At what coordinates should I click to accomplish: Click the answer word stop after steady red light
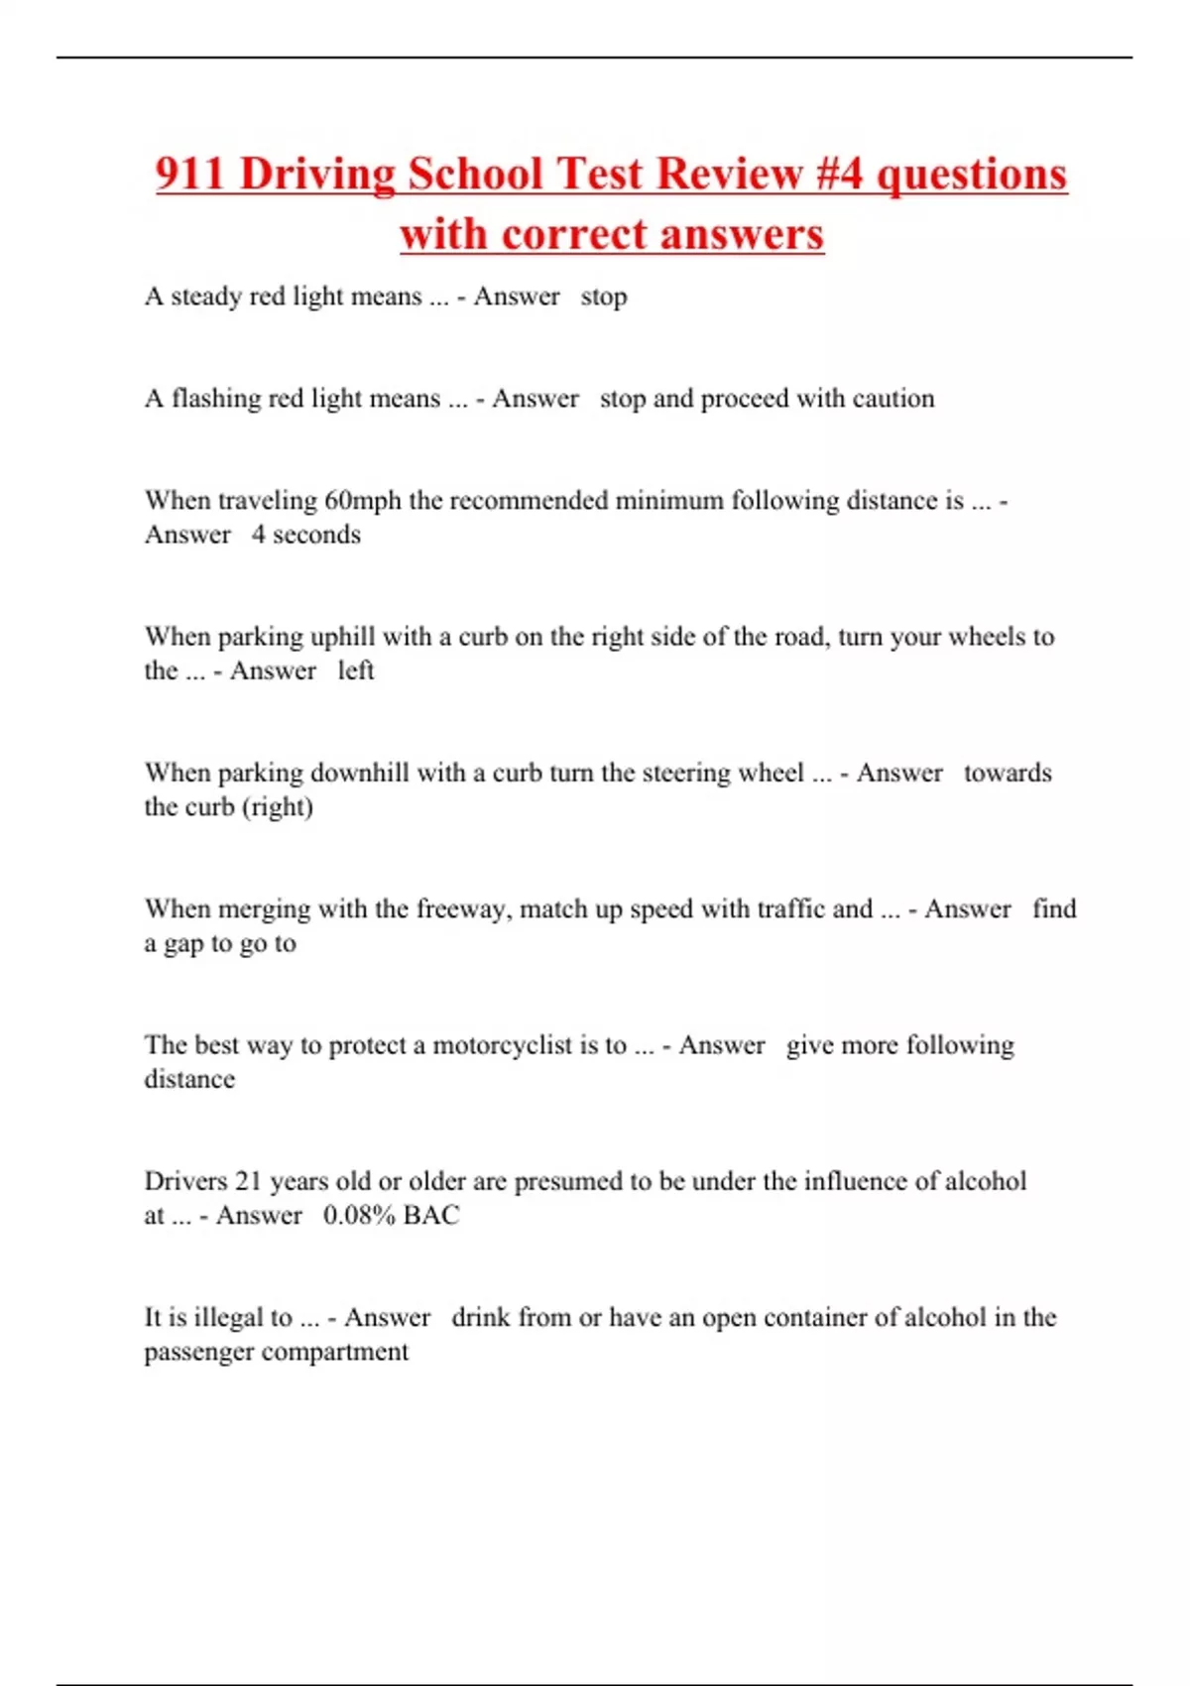coord(604,297)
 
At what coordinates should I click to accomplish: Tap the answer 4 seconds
coord(305,535)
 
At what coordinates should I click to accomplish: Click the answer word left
coord(355,670)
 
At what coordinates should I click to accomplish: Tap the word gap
coord(183,944)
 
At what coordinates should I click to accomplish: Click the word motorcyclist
coord(502,1045)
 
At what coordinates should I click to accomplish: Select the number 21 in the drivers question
coord(248,1181)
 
